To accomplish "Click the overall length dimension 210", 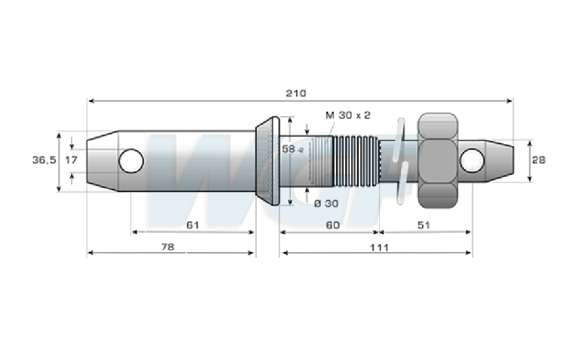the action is [x=296, y=93].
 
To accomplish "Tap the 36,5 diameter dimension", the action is [x=44, y=160].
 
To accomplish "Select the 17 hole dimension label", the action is [x=71, y=160].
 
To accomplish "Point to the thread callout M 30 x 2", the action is [x=348, y=115].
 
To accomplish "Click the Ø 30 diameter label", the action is [x=326, y=204].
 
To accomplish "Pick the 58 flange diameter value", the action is [x=289, y=149].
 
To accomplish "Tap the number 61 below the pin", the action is [x=192, y=225].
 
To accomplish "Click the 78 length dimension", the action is [x=168, y=247].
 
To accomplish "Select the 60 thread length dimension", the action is [x=333, y=225].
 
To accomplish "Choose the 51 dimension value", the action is [x=423, y=225].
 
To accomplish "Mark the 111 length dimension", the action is [x=379, y=248].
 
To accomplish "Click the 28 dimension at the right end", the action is [x=539, y=160].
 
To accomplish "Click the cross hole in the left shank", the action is [x=131, y=161].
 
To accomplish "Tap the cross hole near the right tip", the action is [x=472, y=160].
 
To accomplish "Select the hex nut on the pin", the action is [x=438, y=160].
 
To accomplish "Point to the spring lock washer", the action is [x=401, y=161].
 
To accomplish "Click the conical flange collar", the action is [x=268, y=160].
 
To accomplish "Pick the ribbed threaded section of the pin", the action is [x=355, y=161].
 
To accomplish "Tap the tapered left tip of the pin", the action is [x=102, y=161].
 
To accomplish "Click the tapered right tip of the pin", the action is [x=499, y=160].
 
